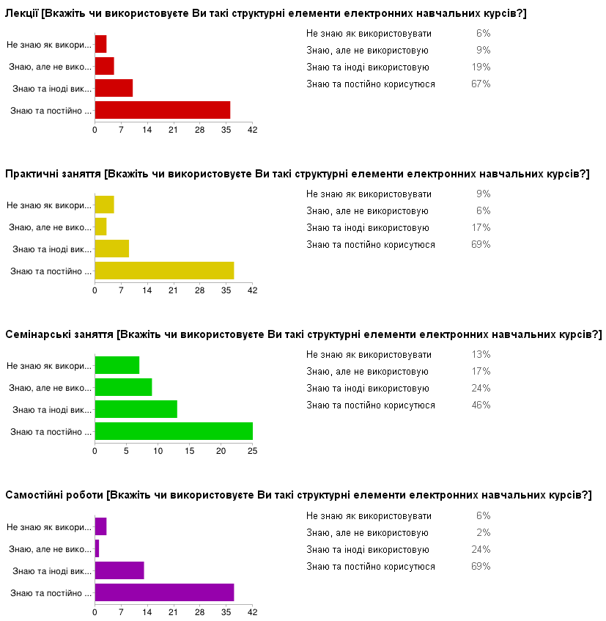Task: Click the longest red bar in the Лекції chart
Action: pyautogui.click(x=163, y=110)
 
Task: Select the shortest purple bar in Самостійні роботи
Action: pyautogui.click(x=97, y=548)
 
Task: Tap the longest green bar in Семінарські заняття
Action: pyautogui.click(x=174, y=431)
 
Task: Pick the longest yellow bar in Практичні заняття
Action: pyautogui.click(x=164, y=271)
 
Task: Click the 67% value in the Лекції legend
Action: pyautogui.click(x=481, y=84)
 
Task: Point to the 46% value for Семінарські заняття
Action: pyautogui.click(x=481, y=405)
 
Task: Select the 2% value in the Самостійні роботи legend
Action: pyautogui.click(x=484, y=533)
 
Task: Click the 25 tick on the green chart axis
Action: pyautogui.click(x=253, y=451)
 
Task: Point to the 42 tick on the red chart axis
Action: pyautogui.click(x=253, y=130)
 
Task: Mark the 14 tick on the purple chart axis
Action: pyautogui.click(x=147, y=611)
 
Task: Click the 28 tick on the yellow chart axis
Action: pyautogui.click(x=200, y=290)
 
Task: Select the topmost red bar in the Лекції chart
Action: pyautogui.click(x=100, y=44)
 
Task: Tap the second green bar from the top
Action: pyautogui.click(x=123, y=387)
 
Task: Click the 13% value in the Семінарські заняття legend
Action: pyautogui.click(x=481, y=355)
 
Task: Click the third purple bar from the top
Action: pyautogui.click(x=119, y=570)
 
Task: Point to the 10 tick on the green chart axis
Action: pyautogui.click(x=158, y=451)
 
